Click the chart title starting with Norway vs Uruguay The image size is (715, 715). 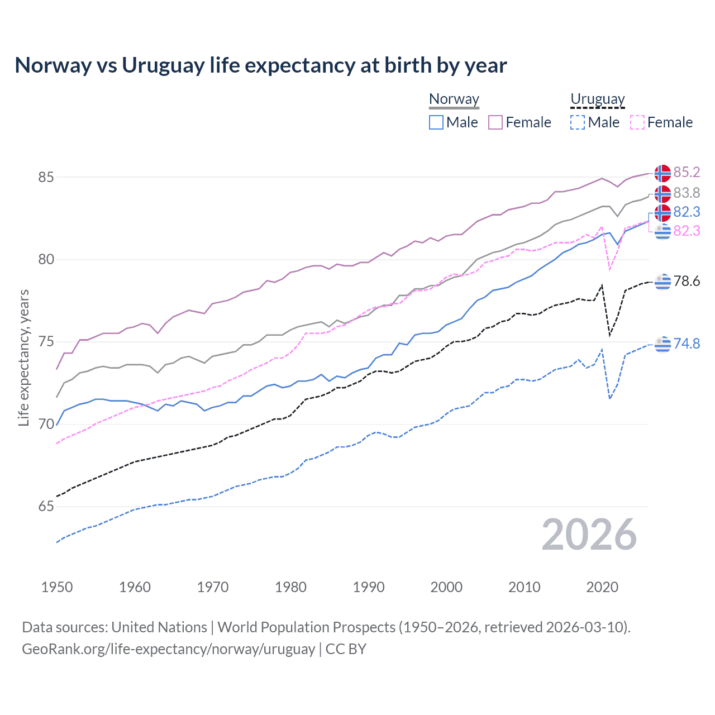[x=260, y=65]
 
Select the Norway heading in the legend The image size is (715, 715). [x=454, y=99]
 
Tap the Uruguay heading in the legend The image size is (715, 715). [x=597, y=99]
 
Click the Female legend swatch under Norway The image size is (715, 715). [x=495, y=122]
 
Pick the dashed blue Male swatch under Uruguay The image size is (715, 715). [x=578, y=122]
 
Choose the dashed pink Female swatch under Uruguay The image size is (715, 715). [x=637, y=122]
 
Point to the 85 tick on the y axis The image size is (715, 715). [x=46, y=177]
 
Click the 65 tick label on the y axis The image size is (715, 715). [x=46, y=507]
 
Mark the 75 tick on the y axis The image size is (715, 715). [x=46, y=342]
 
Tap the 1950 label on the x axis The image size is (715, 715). [x=57, y=587]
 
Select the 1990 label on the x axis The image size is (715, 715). [x=369, y=587]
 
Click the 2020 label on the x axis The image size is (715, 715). [x=602, y=587]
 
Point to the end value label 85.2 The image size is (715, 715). [x=687, y=172]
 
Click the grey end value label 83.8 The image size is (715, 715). [x=687, y=193]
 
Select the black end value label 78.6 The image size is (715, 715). [x=687, y=281]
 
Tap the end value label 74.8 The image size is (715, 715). [x=687, y=344]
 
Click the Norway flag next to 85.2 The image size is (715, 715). [x=662, y=173]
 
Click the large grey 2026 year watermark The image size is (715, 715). [x=589, y=535]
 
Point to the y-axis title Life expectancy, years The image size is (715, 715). [x=23, y=357]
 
